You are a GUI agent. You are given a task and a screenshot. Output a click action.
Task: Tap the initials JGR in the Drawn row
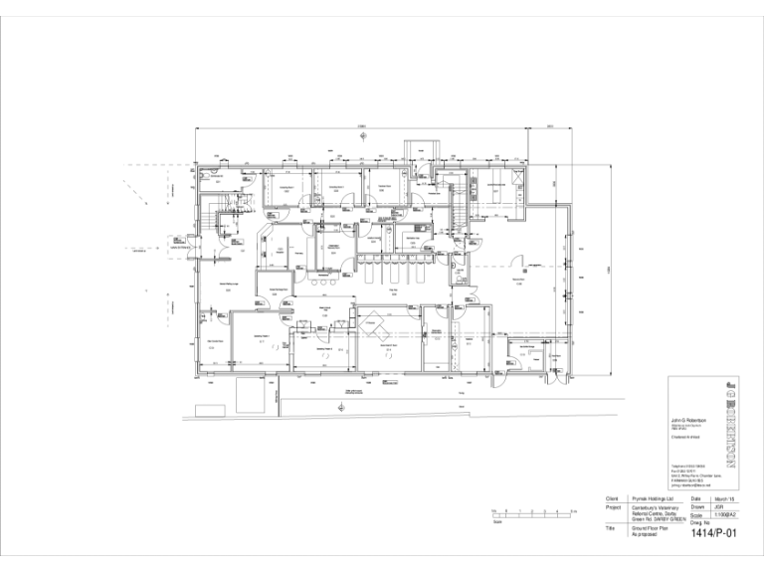pyautogui.click(x=717, y=507)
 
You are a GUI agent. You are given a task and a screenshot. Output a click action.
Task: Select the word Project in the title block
pyautogui.click(x=613, y=507)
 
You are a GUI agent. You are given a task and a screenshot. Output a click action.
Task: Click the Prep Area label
pyautogui.click(x=394, y=290)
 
